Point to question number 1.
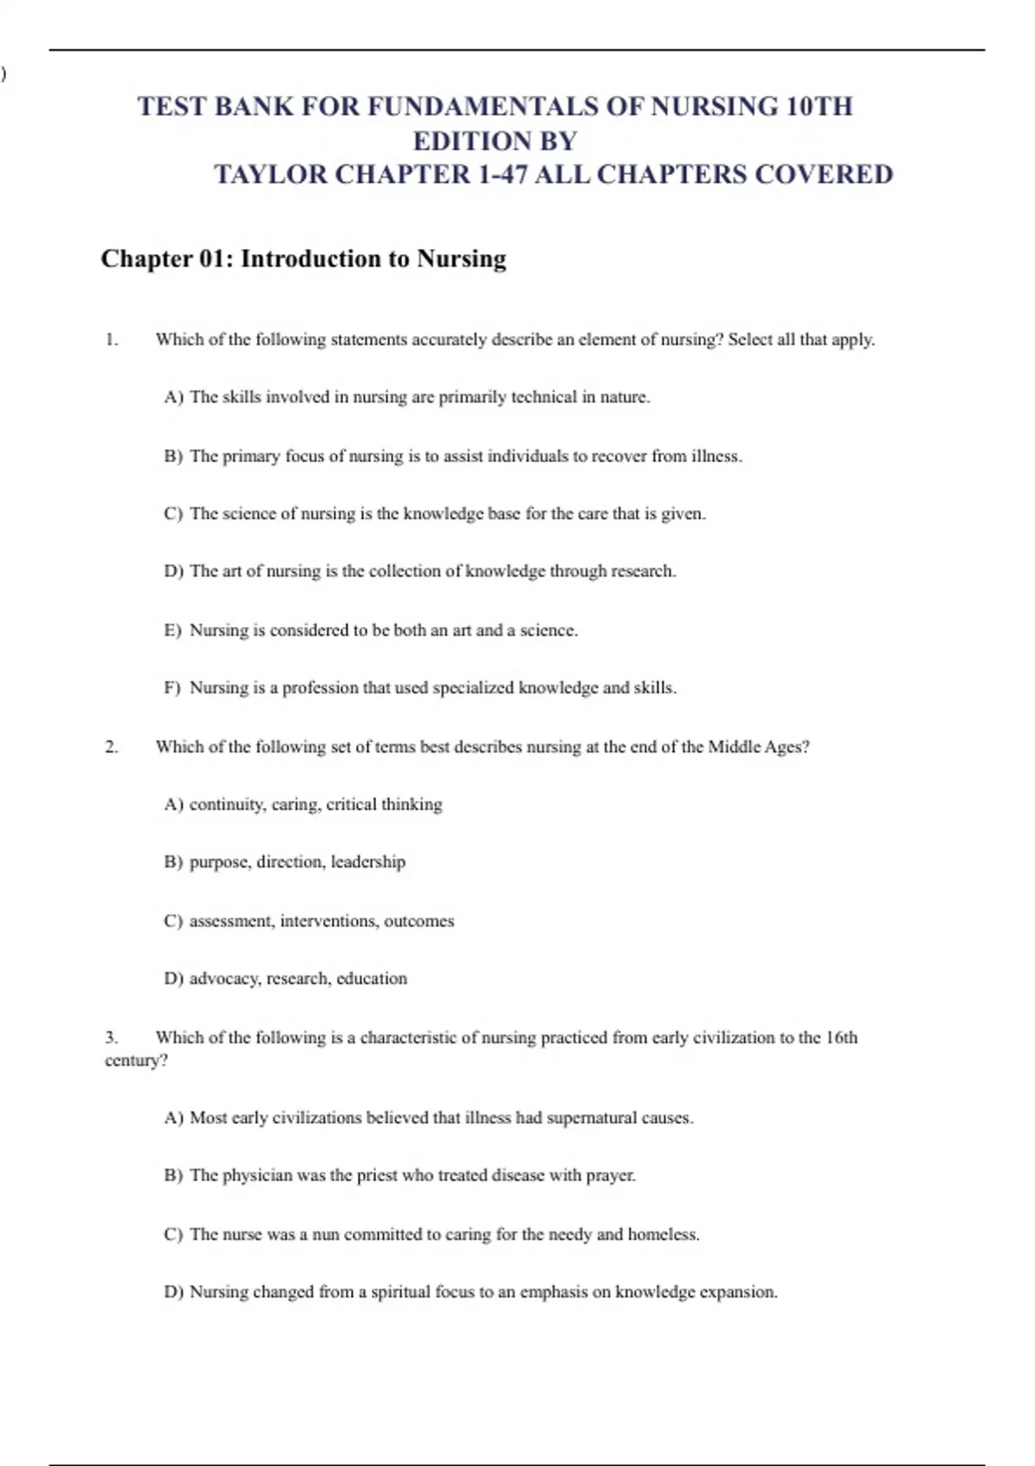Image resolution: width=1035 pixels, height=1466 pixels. point(111,340)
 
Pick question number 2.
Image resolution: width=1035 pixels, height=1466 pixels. point(111,747)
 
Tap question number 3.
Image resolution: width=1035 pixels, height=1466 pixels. point(111,1037)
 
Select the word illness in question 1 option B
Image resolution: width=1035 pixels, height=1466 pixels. point(715,456)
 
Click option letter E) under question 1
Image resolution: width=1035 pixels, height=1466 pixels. point(172,630)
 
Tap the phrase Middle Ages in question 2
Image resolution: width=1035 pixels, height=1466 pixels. point(756,747)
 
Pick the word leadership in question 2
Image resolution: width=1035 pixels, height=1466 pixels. point(368,861)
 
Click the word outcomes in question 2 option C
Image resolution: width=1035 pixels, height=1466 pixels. point(419,921)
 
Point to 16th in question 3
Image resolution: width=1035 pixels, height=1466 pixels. point(842,1037)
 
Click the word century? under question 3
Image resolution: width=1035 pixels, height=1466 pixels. point(136,1060)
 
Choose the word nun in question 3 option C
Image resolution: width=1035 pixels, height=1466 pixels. point(325,1234)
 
